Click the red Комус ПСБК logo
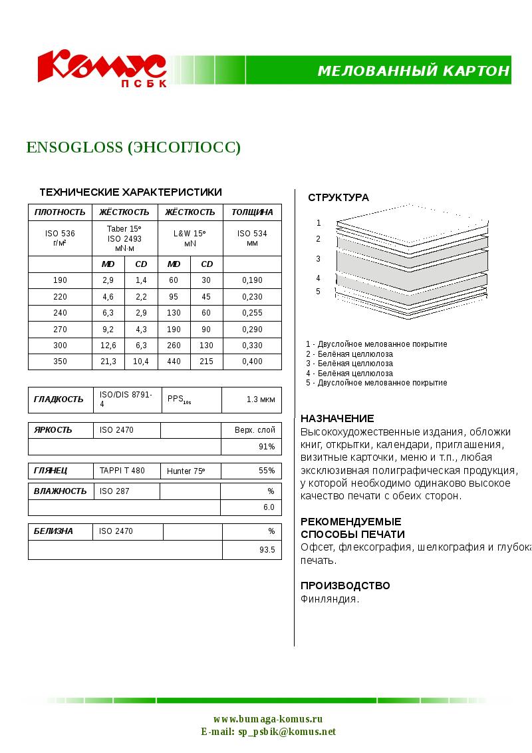click(x=101, y=68)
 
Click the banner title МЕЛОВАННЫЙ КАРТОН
click(x=414, y=71)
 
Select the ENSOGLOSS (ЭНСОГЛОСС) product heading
click(x=133, y=147)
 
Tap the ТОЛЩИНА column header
click(x=252, y=212)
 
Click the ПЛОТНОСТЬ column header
click(x=60, y=212)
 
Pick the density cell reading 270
click(x=60, y=329)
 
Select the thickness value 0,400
click(x=252, y=362)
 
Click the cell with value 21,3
click(x=108, y=362)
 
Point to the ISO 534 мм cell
click(x=252, y=238)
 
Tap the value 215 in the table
click(x=207, y=362)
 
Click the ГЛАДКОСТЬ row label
click(x=59, y=399)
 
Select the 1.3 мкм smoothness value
click(x=260, y=399)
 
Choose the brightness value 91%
click(x=267, y=447)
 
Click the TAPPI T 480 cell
click(x=122, y=471)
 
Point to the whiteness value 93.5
click(x=267, y=550)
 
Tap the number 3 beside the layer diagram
click(x=318, y=259)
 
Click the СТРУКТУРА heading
click(x=338, y=198)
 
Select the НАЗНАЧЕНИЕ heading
click(x=337, y=419)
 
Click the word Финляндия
click(x=330, y=599)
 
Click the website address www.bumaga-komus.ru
click(x=268, y=719)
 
